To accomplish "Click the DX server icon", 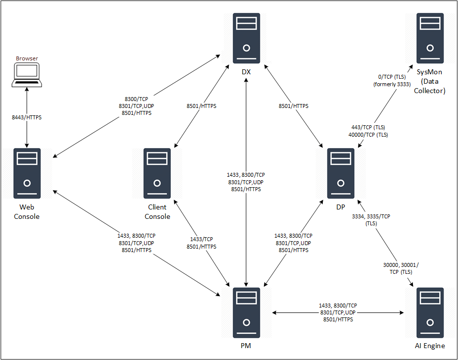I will tap(246, 39).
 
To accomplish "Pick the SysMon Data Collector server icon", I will tap(430, 39).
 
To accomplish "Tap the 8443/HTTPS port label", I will tap(27, 117).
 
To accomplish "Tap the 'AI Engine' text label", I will tap(430, 346).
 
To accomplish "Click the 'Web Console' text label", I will tap(27, 212).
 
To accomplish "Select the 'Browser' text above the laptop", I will tap(27, 58).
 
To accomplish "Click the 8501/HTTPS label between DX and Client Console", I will tap(201, 106).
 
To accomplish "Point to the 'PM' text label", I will tap(246, 346).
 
